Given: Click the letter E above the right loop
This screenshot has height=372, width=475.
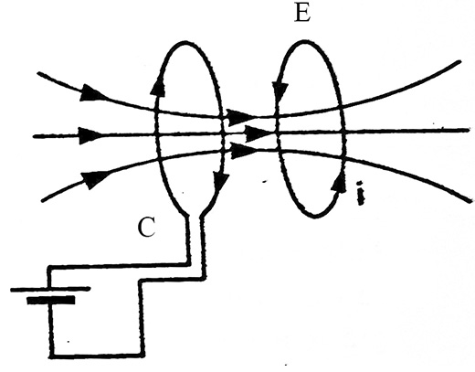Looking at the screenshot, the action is pyautogui.click(x=302, y=14).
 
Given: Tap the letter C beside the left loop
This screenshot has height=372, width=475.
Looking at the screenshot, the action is pyautogui.click(x=147, y=227).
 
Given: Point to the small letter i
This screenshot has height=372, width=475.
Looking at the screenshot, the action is pyautogui.click(x=361, y=194).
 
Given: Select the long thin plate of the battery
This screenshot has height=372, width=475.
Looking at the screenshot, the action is pyautogui.click(x=50, y=289).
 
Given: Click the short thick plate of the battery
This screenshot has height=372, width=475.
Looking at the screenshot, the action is pyautogui.click(x=51, y=300).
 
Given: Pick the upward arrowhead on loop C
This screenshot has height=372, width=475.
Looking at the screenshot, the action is pyautogui.click(x=158, y=87).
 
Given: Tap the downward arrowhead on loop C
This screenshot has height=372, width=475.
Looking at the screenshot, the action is pyautogui.click(x=221, y=184).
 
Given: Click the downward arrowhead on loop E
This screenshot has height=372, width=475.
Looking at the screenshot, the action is pyautogui.click(x=280, y=90).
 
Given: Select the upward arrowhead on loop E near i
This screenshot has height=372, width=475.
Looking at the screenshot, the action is pyautogui.click(x=339, y=183).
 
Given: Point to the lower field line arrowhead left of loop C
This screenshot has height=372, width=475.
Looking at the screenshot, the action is pyautogui.click(x=94, y=179).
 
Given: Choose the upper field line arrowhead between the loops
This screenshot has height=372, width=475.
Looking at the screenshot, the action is pyautogui.click(x=240, y=117).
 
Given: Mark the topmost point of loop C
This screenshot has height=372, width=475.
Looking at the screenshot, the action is pyautogui.click(x=185, y=42).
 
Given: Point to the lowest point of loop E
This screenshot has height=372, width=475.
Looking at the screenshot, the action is pyautogui.click(x=313, y=217).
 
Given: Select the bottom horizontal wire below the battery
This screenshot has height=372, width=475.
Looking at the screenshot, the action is pyautogui.click(x=96, y=355).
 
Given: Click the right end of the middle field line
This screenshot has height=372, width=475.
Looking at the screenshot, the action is pyautogui.click(x=469, y=130).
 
